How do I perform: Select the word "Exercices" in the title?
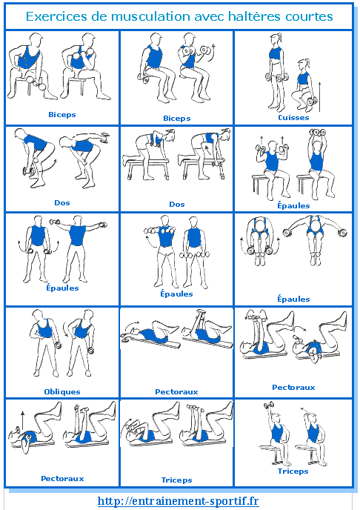57,16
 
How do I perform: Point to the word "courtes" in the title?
310,16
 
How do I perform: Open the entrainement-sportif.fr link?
179,500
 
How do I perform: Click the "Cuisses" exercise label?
293,117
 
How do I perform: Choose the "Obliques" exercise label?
62,391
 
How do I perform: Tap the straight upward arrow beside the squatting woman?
319,97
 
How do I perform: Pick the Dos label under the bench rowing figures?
177,205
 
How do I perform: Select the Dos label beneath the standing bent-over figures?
62,202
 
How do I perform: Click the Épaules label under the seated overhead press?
293,205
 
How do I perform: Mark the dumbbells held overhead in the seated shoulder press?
318,133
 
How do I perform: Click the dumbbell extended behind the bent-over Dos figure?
105,136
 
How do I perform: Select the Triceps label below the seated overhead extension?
293,471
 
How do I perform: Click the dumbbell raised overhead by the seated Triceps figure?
269,405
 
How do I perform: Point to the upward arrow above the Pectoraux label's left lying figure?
23,420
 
